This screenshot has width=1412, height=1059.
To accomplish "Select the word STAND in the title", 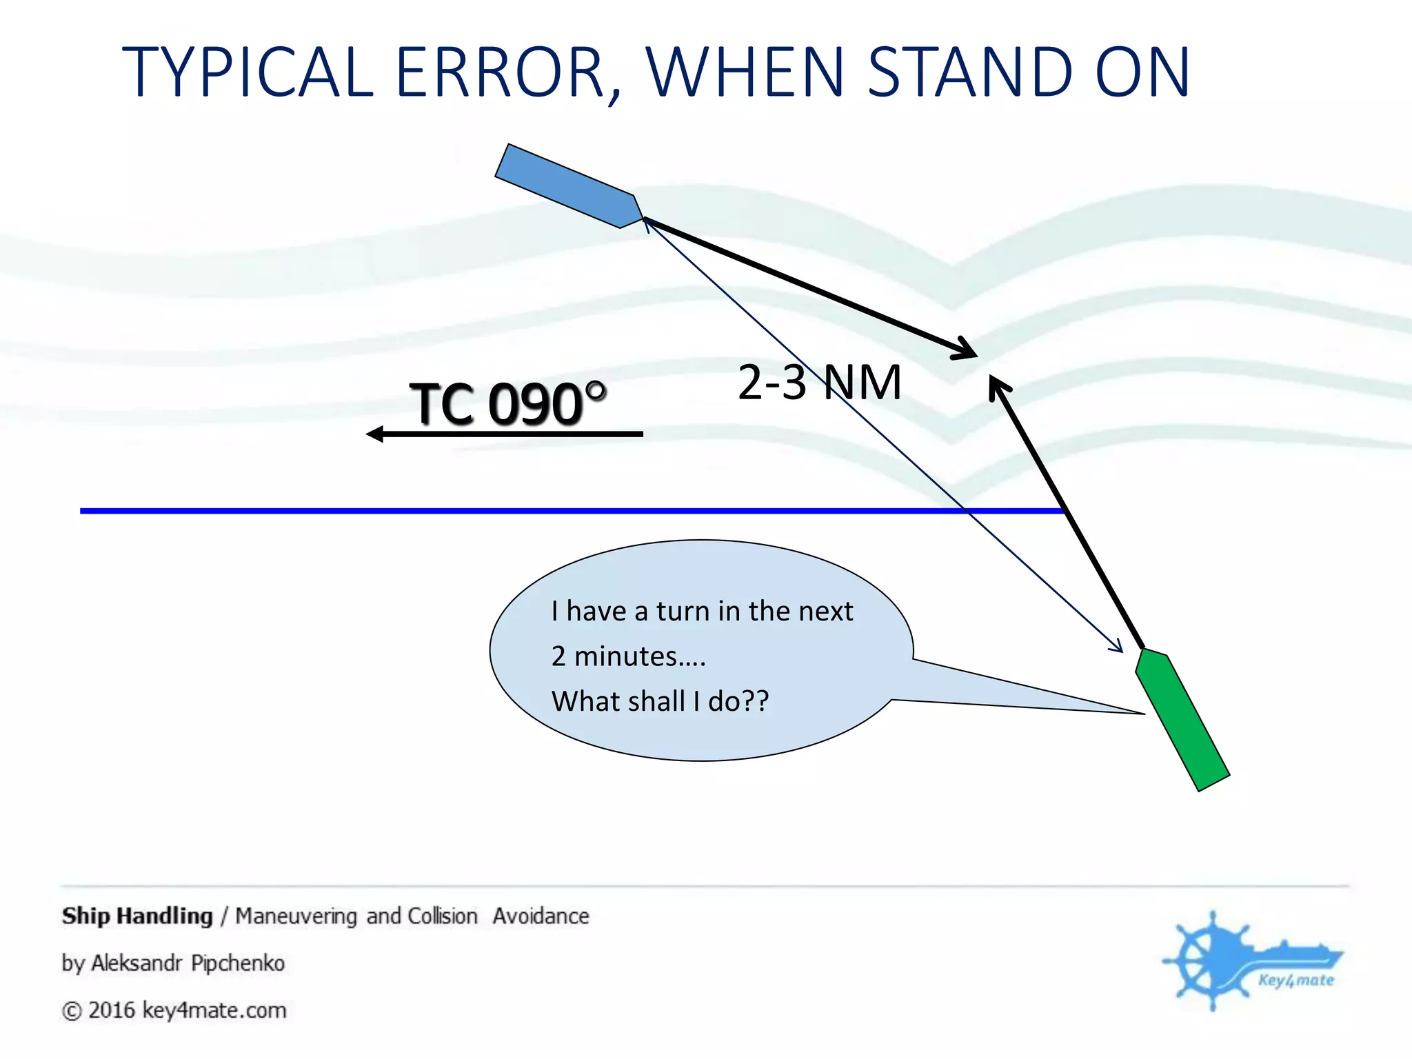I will click(x=969, y=72).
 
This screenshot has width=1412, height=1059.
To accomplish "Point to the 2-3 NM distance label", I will click(x=819, y=383).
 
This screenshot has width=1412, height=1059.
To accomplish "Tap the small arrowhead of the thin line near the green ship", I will click(x=1117, y=647).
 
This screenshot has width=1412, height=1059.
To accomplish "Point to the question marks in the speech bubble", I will click(x=756, y=701).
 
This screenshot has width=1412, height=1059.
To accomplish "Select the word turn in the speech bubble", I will click(x=683, y=612).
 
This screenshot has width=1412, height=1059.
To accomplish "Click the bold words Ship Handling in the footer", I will click(x=137, y=916).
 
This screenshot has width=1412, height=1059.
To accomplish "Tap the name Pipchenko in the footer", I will click(x=238, y=962).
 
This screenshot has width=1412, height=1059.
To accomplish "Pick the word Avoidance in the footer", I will click(x=541, y=916).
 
